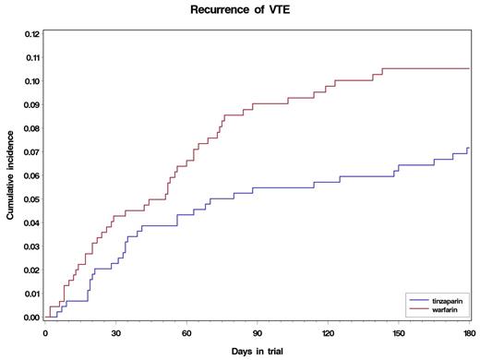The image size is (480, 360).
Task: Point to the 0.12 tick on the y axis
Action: pyautogui.click(x=30, y=34)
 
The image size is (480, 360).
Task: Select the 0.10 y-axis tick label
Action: pyautogui.click(x=30, y=81)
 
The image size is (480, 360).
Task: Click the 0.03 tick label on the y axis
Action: pyautogui.click(x=30, y=246)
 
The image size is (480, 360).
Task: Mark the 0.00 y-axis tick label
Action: pyautogui.click(x=30, y=318)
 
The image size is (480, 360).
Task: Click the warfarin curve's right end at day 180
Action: pyautogui.click(x=470, y=69)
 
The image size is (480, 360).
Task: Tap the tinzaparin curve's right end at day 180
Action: pyautogui.click(x=470, y=148)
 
